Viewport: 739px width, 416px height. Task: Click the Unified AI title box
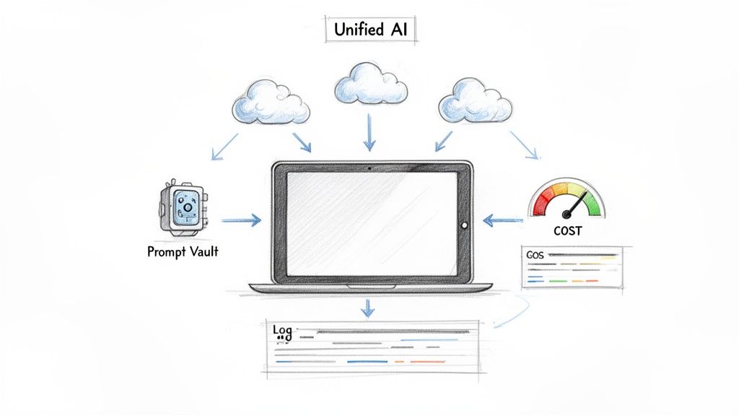point(370,30)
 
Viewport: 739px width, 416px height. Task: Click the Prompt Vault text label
point(183,252)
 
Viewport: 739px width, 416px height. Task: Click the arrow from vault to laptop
point(241,220)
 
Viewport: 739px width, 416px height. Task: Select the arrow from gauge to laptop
point(503,220)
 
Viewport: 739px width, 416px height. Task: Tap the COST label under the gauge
point(568,230)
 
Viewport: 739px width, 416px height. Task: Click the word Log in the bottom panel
point(283,331)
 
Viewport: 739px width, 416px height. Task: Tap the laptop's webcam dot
point(369,168)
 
